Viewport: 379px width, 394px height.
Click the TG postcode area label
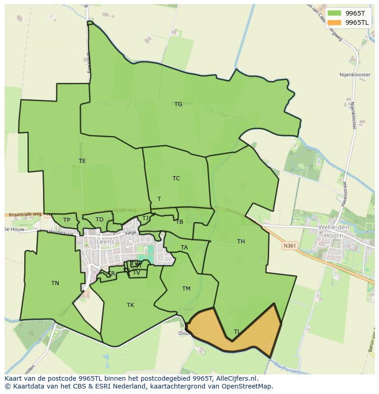click(x=178, y=104)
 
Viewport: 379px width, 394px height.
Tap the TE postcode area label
click(x=82, y=161)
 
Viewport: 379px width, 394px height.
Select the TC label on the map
click(x=176, y=178)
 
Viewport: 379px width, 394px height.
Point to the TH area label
click(x=241, y=242)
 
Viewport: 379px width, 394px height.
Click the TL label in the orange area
click(x=237, y=332)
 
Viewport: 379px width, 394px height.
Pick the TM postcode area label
click(x=186, y=289)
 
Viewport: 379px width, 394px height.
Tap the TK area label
click(x=130, y=305)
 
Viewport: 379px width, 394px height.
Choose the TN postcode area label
click(x=55, y=283)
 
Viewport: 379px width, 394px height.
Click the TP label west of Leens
click(x=67, y=220)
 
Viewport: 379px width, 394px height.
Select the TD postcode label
click(x=99, y=220)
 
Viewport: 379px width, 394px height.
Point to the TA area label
click(x=184, y=248)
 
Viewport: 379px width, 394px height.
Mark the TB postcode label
click(x=179, y=222)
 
